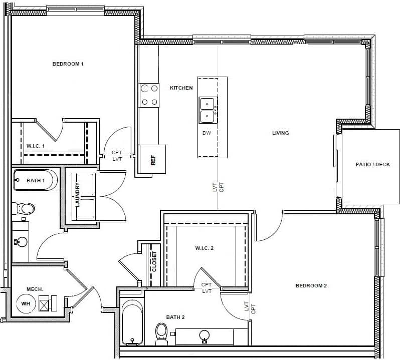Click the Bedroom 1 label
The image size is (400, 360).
[68, 64]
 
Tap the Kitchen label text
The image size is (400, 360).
[181, 88]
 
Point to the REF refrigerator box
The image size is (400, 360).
[152, 160]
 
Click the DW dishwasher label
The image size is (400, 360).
[207, 133]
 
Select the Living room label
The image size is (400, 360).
[281, 133]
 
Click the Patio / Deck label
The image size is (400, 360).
[372, 165]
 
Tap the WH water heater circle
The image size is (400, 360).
[26, 303]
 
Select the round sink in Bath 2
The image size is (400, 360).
[205, 335]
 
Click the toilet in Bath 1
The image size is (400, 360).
[23, 208]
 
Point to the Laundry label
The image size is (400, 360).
[78, 195]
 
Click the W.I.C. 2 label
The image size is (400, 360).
[205, 248]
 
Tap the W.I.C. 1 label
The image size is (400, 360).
[36, 146]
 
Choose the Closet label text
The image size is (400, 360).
[154, 261]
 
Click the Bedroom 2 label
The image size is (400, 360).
[311, 286]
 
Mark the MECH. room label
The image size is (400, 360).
[35, 289]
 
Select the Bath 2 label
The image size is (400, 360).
[175, 317]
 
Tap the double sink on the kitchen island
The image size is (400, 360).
[207, 110]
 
